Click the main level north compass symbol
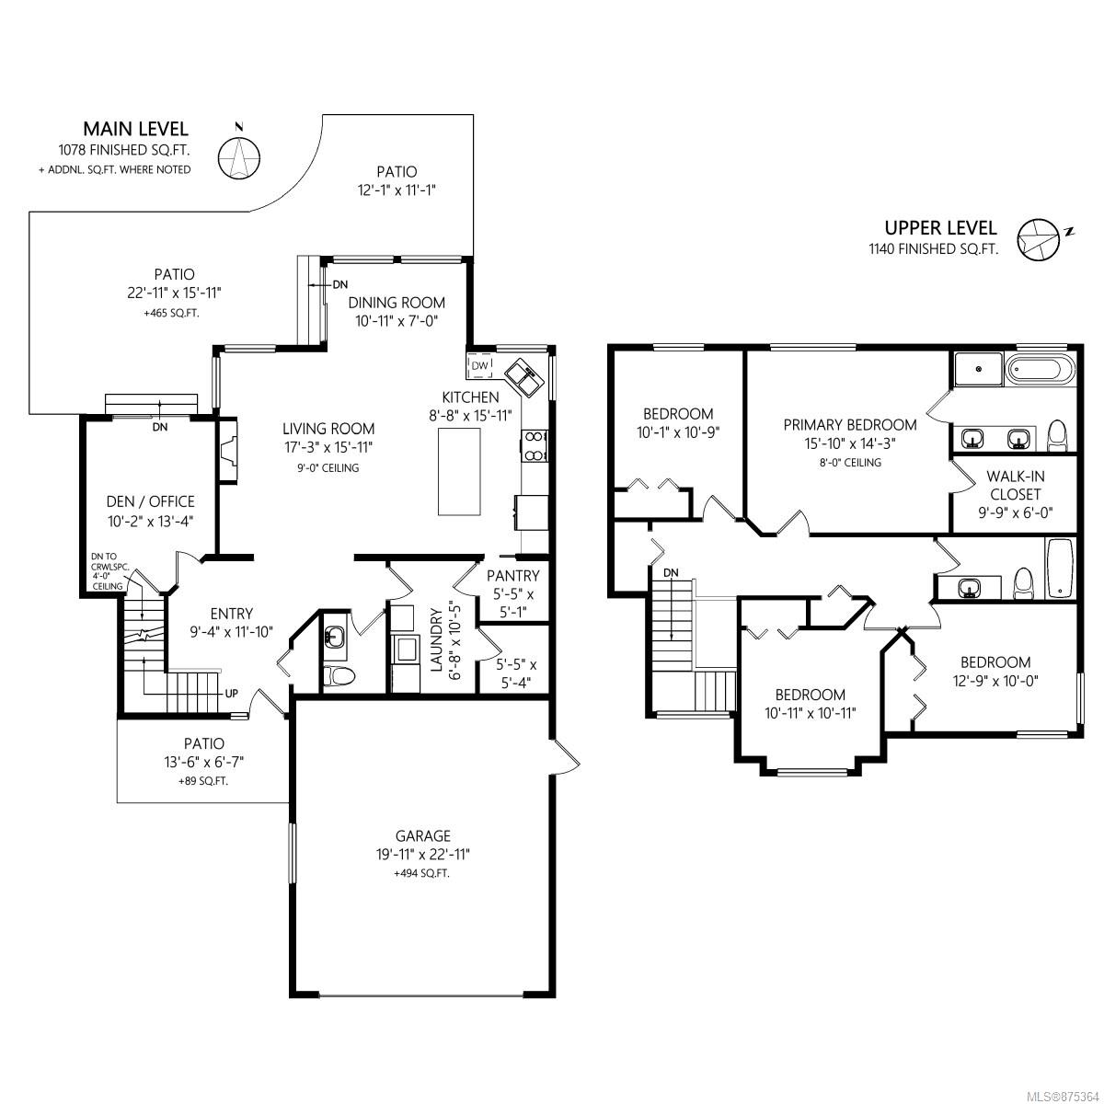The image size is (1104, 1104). click(x=239, y=157)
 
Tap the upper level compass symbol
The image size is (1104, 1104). click(x=1038, y=239)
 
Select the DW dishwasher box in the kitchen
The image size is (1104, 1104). click(x=480, y=365)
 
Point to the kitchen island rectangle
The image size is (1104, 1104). click(x=459, y=472)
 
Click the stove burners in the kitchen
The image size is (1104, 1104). click(x=535, y=445)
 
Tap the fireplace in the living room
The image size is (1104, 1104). click(x=227, y=451)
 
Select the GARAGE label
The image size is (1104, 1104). click(x=423, y=836)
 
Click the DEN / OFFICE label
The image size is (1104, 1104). click(x=151, y=502)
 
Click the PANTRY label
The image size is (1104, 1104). click(x=513, y=576)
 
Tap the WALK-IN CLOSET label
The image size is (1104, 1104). click(x=1015, y=485)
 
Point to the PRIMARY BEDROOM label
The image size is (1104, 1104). click(x=850, y=425)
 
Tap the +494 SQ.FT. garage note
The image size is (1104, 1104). click(x=421, y=874)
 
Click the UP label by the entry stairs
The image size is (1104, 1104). click(x=232, y=694)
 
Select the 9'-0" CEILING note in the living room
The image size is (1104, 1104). click(x=328, y=468)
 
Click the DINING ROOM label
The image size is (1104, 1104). click(x=397, y=303)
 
